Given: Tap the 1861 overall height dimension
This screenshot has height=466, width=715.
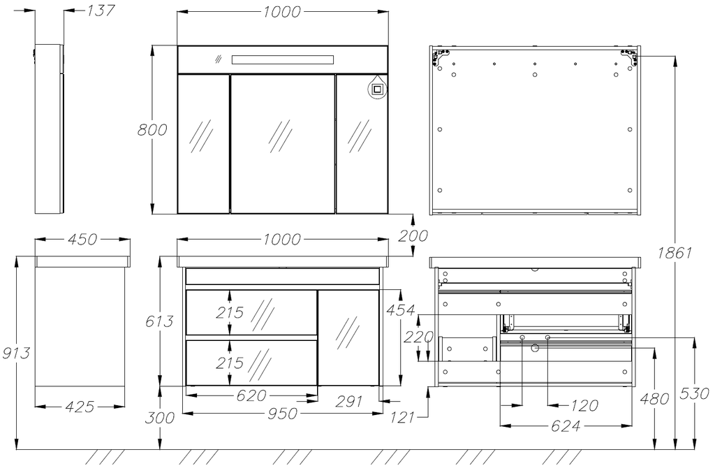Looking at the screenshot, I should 675,253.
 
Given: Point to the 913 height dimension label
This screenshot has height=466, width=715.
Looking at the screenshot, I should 17,353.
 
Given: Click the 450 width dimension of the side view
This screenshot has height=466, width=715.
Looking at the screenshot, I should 82,240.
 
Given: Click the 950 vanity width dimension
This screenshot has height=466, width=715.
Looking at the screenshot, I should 281,413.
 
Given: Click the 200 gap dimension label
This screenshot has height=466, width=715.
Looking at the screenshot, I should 413,236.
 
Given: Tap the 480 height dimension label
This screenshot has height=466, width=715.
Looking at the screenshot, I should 654,398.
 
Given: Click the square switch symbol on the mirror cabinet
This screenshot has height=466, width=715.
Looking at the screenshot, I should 377,89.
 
